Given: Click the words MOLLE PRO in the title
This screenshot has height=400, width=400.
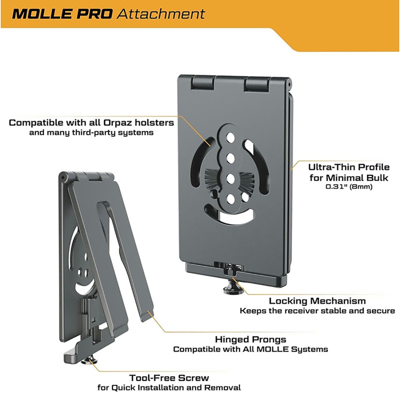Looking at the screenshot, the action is pyautogui.click(x=62, y=14).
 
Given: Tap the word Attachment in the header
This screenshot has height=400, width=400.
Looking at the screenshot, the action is pyautogui.click(x=161, y=14).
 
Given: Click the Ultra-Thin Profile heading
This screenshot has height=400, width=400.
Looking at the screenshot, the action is pyautogui.click(x=349, y=167).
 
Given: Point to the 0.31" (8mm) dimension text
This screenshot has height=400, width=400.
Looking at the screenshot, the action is pyautogui.click(x=349, y=187).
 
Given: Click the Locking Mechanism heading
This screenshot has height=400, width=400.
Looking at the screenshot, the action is pyautogui.click(x=317, y=301).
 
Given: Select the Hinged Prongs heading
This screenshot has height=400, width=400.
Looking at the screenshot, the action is pyautogui.click(x=251, y=340).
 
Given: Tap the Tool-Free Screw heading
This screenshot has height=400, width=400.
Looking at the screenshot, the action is pyautogui.click(x=169, y=378).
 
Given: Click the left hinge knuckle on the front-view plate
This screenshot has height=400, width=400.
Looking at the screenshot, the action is pyautogui.click(x=203, y=83).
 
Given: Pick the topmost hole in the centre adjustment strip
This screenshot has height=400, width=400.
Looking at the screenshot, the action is pyautogui.click(x=231, y=138).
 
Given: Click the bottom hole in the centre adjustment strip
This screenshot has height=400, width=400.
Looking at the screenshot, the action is pyautogui.click(x=231, y=199).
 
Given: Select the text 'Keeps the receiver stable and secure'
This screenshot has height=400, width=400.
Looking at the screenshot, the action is pyautogui.click(x=317, y=311).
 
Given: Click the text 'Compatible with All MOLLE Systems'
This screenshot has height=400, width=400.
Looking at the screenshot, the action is pyautogui.click(x=251, y=349).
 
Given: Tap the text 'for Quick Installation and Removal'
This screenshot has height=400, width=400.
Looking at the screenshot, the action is pyautogui.click(x=169, y=388).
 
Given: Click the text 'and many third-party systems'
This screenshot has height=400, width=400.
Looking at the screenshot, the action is pyautogui.click(x=91, y=133).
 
